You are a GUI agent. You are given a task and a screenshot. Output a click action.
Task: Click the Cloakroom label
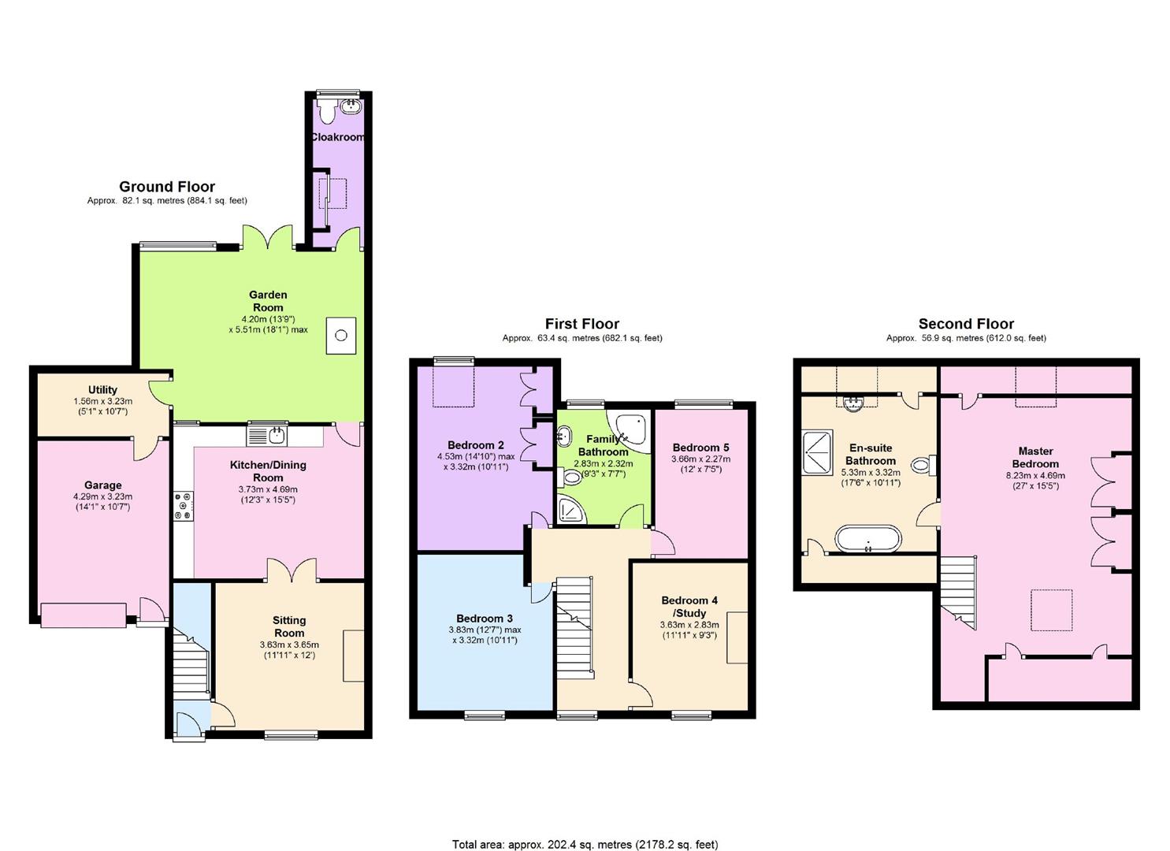pos(337,137)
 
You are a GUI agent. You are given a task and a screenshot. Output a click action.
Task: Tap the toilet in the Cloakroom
pos(326,109)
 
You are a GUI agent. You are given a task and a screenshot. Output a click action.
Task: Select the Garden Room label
pos(268,301)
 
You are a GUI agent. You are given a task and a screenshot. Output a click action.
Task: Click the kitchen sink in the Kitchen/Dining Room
pos(268,434)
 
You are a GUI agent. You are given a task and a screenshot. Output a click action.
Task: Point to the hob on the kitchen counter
pos(183,506)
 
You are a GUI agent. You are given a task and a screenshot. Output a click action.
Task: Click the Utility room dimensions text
pos(102,406)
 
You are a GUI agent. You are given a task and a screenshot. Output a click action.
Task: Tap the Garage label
pos(102,485)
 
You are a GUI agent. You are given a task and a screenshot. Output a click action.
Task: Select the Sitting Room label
pos(289,626)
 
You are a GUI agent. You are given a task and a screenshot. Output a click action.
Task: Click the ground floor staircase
pos(190,670)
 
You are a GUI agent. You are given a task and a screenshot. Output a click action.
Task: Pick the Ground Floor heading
pos(167,187)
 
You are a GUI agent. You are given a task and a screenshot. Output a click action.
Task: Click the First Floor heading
pos(582,324)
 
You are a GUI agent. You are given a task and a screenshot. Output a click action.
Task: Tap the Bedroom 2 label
pos(475,445)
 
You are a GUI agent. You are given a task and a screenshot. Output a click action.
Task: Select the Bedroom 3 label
pos(485,619)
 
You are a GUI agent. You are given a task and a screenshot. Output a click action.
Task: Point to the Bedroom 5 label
pos(700,448)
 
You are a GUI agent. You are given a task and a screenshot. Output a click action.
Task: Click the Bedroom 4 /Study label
pos(689,607)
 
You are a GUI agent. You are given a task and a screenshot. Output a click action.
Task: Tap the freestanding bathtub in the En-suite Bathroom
pos(867,540)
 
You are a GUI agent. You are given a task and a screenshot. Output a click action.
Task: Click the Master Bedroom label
pos(1035,458)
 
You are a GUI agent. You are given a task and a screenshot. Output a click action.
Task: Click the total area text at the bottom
pos(585,844)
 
